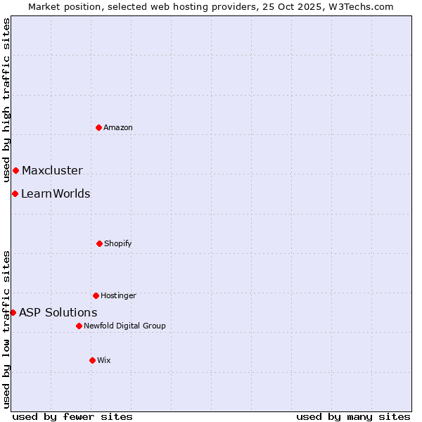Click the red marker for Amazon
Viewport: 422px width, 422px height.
pos(99,127)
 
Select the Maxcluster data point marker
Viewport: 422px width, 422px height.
pos(15,170)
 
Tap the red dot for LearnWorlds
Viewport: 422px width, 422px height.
pos(15,193)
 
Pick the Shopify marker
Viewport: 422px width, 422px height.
pos(99,243)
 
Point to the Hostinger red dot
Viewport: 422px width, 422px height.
pos(96,295)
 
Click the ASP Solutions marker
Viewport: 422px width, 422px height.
pos(13,312)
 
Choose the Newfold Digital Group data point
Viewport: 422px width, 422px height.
pos(79,326)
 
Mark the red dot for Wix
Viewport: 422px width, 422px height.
pos(92,360)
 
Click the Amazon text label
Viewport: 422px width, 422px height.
pos(118,127)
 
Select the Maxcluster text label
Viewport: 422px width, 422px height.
pos(52,170)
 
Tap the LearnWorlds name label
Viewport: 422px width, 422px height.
pos(56,193)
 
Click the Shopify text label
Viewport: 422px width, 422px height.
pos(118,243)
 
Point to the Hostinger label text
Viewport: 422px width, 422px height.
pos(118,295)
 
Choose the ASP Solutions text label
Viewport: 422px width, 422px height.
pos(58,312)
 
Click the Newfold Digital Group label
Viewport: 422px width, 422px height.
pos(124,326)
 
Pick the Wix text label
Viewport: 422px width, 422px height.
pos(104,360)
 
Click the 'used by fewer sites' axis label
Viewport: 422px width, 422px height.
pos(72,416)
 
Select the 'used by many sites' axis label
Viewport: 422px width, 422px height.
pos(353,416)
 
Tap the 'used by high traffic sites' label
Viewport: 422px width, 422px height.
pos(6,101)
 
